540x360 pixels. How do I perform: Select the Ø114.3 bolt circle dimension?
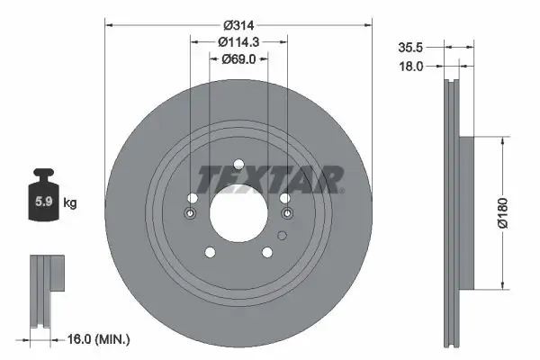tap(238, 41)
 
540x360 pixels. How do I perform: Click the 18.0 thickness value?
tap(410, 65)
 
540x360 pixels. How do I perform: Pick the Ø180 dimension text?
tap(513, 213)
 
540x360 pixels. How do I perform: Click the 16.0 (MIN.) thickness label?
tap(100, 339)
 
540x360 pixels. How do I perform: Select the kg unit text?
tap(70, 203)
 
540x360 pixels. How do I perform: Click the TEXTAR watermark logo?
tap(270, 179)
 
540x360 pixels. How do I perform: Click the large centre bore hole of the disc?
tap(238, 213)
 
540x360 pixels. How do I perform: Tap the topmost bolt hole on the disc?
tap(238, 165)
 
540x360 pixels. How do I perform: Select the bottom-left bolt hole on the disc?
tap(210, 253)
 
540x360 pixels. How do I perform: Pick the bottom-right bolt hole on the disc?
tap(267, 253)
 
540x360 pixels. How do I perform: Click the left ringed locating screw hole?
tap(191, 213)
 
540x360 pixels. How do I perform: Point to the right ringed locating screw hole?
tap(286, 213)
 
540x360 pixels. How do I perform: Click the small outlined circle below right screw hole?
tap(282, 236)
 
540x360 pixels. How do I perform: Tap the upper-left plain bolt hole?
tap(193, 198)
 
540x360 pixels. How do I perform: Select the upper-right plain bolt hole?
tap(284, 198)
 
